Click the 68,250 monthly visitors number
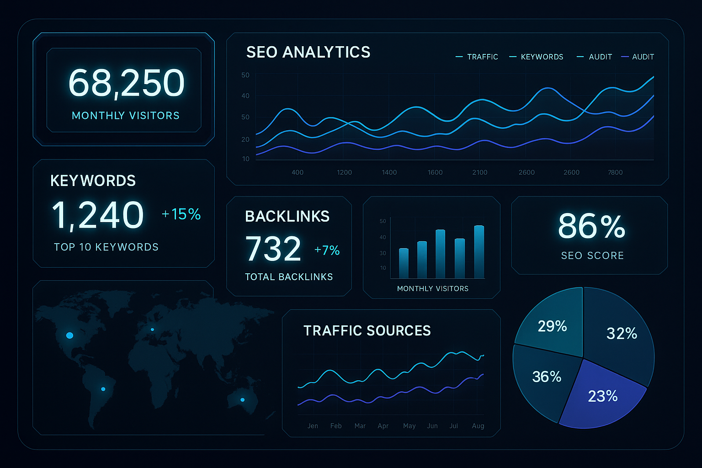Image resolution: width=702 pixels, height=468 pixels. (x=126, y=83)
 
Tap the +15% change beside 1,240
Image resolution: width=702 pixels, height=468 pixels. (x=181, y=214)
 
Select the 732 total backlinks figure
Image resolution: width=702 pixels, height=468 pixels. (x=273, y=249)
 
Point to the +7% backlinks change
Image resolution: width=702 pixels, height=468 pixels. (x=327, y=250)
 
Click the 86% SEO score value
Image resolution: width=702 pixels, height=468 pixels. (x=591, y=226)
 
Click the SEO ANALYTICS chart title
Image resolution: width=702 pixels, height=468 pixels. (x=308, y=52)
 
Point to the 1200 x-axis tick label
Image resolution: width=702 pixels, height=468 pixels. (x=344, y=172)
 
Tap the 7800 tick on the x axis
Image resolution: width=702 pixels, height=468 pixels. (x=615, y=172)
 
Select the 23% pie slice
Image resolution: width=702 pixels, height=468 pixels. (x=602, y=395)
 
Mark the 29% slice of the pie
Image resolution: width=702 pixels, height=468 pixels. (x=552, y=326)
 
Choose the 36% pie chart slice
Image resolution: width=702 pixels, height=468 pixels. (x=546, y=377)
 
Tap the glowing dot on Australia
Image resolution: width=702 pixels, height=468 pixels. (x=243, y=400)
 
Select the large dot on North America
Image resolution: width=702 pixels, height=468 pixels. (x=69, y=335)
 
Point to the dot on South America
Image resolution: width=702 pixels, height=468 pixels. (x=103, y=389)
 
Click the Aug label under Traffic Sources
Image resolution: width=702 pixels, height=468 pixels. (x=478, y=426)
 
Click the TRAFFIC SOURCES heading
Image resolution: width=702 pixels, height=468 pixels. (x=367, y=330)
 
